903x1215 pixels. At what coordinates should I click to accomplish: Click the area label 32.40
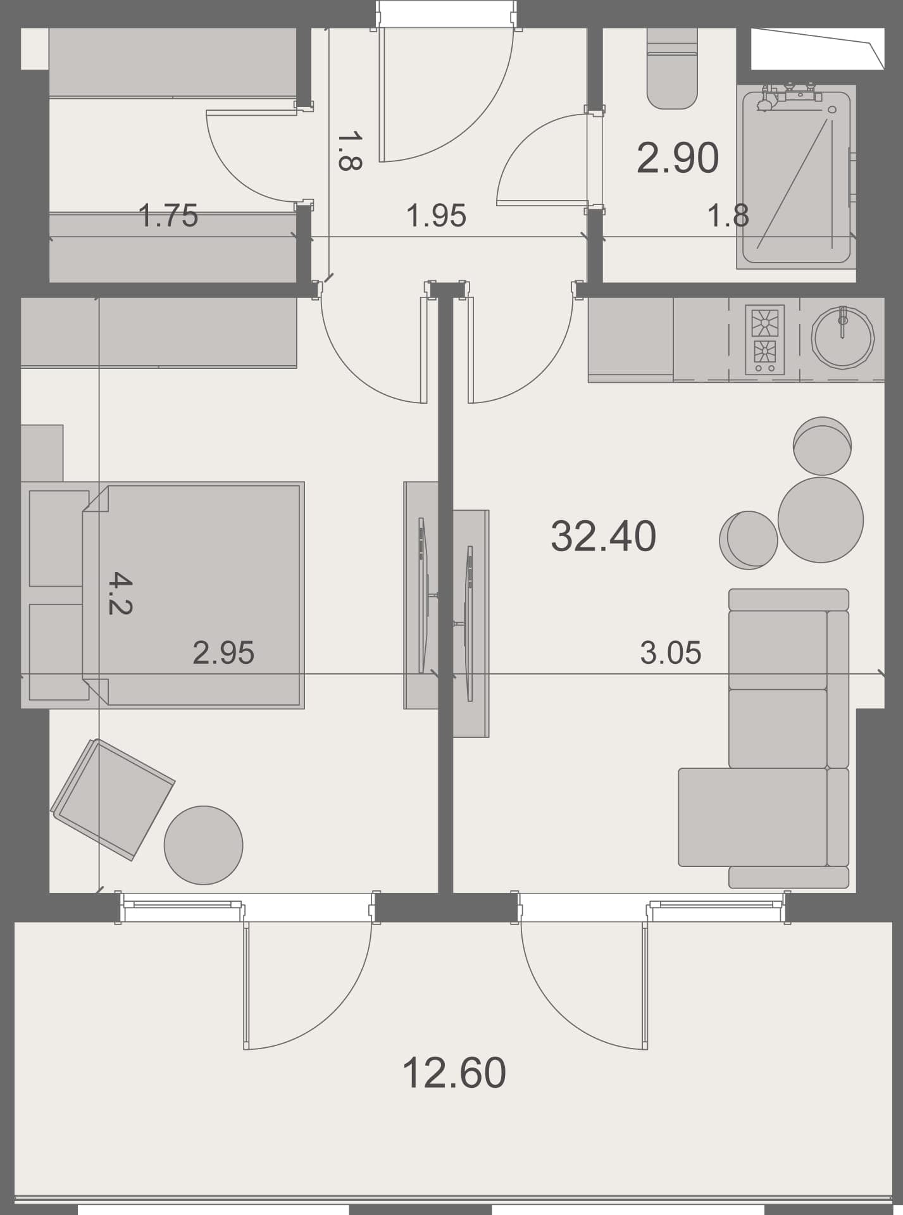click(603, 536)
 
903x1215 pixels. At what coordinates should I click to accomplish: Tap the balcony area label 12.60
click(454, 1072)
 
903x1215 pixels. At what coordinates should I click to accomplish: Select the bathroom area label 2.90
click(677, 158)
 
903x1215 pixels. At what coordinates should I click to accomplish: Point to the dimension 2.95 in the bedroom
click(223, 652)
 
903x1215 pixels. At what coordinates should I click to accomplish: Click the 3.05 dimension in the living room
click(670, 652)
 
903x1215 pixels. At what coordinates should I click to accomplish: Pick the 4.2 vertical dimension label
click(120, 593)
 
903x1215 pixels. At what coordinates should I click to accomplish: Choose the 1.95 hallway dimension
click(436, 215)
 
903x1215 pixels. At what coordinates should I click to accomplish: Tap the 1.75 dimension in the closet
click(168, 215)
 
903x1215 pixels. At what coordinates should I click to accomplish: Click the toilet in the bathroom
click(672, 70)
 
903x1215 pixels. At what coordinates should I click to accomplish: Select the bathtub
click(796, 177)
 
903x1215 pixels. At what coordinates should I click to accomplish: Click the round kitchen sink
click(842, 336)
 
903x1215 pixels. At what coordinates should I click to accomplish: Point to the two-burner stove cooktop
click(764, 339)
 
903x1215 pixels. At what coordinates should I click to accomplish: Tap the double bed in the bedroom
click(193, 595)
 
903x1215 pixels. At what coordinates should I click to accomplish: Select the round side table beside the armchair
click(203, 845)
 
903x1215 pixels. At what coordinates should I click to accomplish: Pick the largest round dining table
click(820, 520)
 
